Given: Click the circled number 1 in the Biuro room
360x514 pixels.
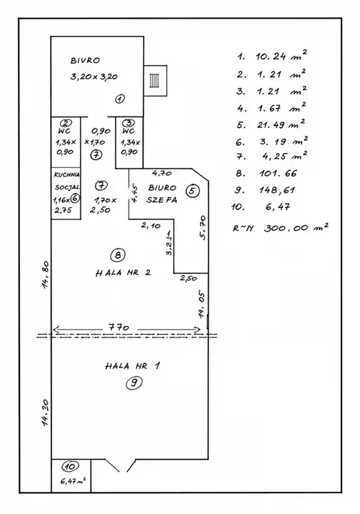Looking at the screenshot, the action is pos(120,99).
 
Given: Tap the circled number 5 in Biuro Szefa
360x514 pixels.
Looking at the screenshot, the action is pos(192,191).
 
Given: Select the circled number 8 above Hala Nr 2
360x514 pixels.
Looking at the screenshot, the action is pos(118,254).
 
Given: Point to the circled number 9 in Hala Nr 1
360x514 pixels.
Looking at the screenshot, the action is pos(134,382).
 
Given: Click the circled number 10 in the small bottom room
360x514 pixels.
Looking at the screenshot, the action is pos(71,467).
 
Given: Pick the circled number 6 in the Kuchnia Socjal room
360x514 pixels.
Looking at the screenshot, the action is pos(75,198).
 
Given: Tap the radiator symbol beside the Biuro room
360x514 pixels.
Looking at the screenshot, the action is pos(154,80).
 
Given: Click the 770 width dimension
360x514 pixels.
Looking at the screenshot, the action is pos(119,327).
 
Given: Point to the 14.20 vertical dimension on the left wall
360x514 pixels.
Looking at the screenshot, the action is pos(46,412).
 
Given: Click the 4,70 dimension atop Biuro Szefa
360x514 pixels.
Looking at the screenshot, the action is pos(162,173).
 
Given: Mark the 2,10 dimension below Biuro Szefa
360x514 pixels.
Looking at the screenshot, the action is pos(151,225).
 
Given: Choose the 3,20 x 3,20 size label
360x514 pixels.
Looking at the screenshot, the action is pos(94,77).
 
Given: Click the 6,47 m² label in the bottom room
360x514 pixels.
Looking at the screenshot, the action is pos(74,482).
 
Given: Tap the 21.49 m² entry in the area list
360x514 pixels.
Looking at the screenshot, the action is pos(281,124).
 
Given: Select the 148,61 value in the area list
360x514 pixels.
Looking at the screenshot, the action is pos(277,190).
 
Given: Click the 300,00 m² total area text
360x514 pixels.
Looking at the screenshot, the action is pos(296,227).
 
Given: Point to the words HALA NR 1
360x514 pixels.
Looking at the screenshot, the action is pos(133,366).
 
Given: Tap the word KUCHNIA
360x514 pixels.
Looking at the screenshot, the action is pos(67,175).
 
